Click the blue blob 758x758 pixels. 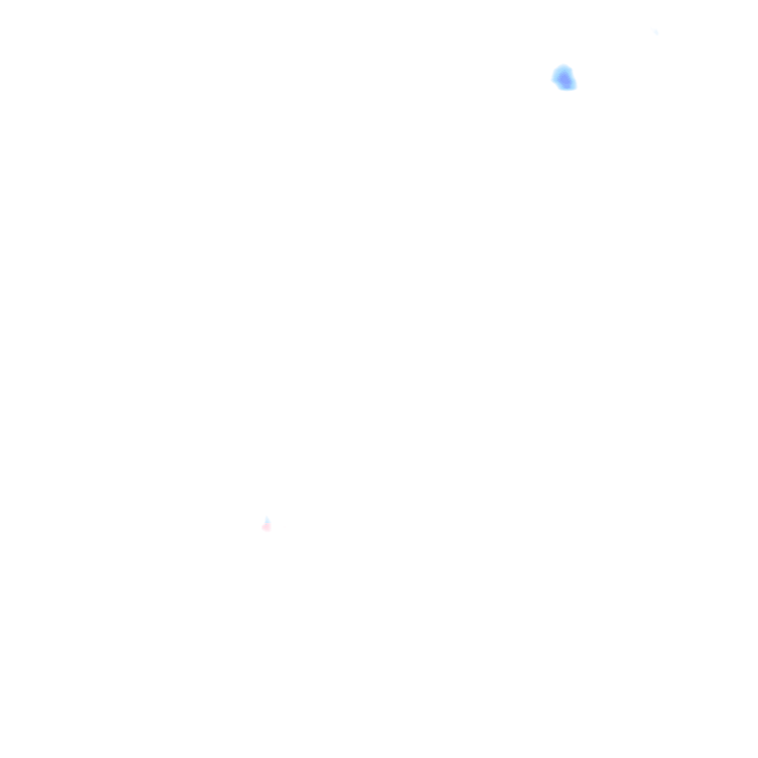[x=564, y=78]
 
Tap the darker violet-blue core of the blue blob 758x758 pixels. [x=566, y=80]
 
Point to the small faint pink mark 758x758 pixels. [x=266, y=524]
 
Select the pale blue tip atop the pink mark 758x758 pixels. [x=266, y=519]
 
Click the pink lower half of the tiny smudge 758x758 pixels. [x=266, y=527]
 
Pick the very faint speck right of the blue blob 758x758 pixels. [x=655, y=32]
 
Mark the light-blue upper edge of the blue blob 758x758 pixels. [x=563, y=69]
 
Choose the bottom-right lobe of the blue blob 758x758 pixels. [x=569, y=84]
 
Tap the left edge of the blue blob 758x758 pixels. [x=555, y=77]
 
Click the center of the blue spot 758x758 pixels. [x=564, y=78]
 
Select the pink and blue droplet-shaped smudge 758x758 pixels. [x=266, y=524]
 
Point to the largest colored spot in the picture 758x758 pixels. [x=564, y=78]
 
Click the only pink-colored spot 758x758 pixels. [x=266, y=525]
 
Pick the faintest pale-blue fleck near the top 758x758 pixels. [x=655, y=32]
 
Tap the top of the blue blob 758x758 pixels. [x=563, y=67]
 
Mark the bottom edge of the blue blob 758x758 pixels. [x=567, y=89]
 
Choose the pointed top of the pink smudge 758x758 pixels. [x=266, y=517]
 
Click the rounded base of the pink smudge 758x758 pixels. [x=266, y=529]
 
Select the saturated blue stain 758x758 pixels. [x=564, y=78]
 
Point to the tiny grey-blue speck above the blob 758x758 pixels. [x=655, y=32]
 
